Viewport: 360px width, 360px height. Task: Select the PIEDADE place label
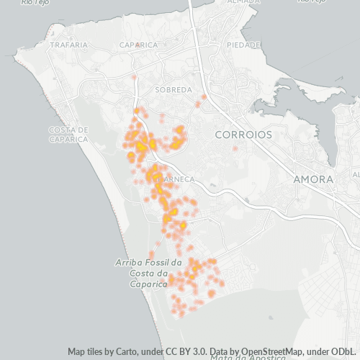(243, 45)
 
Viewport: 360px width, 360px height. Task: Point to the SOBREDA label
(174, 90)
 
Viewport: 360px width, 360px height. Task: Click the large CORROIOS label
(244, 135)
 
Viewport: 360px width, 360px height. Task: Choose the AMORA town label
(313, 179)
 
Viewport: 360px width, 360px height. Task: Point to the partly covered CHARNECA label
(177, 178)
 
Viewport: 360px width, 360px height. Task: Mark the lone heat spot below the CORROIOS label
(235, 149)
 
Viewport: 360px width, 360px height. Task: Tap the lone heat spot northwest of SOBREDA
(134, 75)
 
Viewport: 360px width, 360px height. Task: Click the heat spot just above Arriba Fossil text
(151, 254)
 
